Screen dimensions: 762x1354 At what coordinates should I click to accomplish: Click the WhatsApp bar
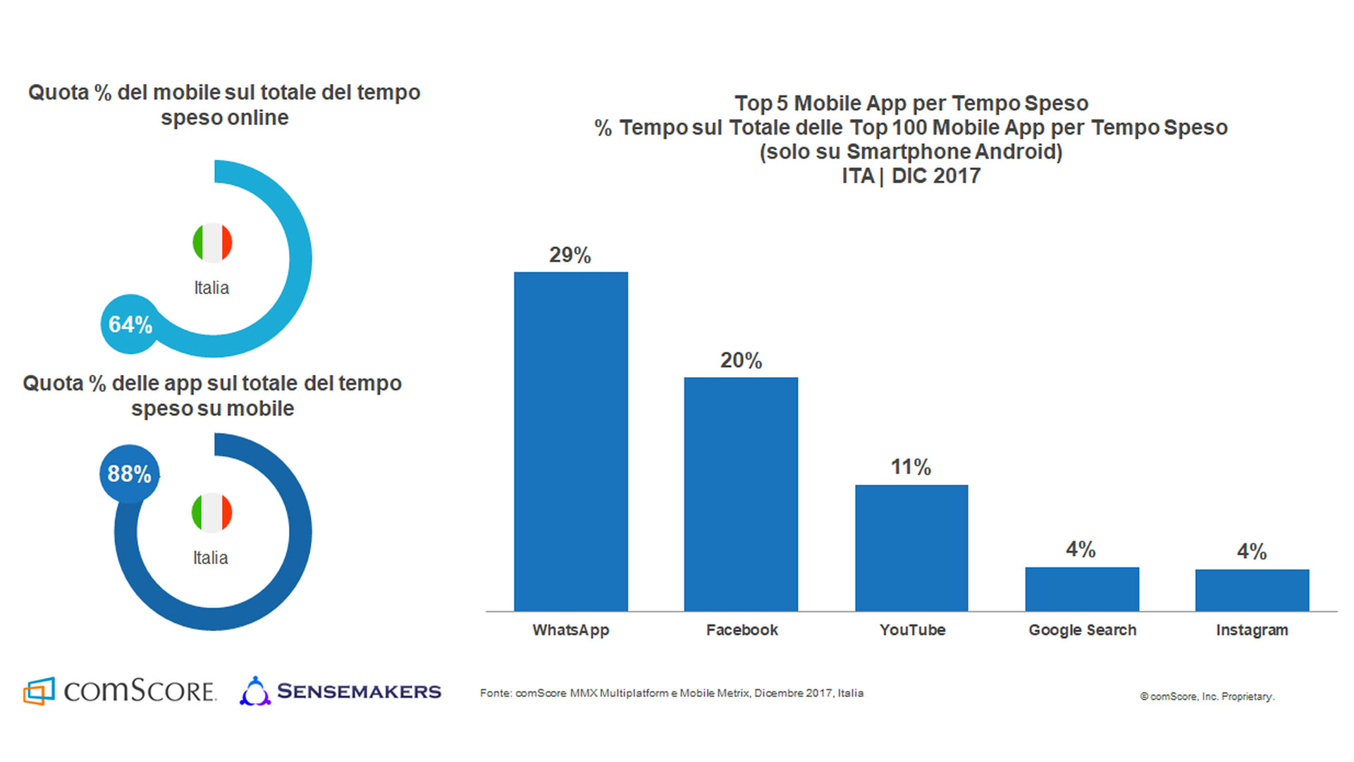click(x=571, y=441)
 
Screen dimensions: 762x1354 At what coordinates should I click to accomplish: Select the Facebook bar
click(x=741, y=494)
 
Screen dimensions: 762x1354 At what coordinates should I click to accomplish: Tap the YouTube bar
click(x=911, y=548)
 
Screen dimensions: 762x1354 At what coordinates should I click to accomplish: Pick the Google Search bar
click(x=1082, y=589)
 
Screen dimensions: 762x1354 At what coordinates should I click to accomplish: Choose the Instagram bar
click(x=1252, y=590)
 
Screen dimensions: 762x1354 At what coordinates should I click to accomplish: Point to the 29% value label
click(x=570, y=255)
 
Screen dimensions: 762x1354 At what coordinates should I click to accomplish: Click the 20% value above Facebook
click(x=741, y=361)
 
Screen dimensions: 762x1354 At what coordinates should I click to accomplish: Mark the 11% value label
click(x=911, y=467)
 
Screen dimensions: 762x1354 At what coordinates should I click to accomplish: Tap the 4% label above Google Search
click(x=1081, y=550)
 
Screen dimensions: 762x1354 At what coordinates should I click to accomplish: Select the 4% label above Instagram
click(x=1252, y=551)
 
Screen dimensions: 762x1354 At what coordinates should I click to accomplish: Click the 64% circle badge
click(x=130, y=324)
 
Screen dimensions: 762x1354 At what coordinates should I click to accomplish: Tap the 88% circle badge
click(x=129, y=474)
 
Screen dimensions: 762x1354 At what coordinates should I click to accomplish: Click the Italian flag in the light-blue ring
click(x=212, y=243)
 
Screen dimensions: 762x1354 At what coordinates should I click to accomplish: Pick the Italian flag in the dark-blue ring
click(x=211, y=512)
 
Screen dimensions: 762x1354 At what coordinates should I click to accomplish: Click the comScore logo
click(x=119, y=691)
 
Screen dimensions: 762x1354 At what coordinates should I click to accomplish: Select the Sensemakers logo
click(x=340, y=691)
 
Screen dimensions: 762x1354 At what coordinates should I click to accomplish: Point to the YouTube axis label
click(x=912, y=630)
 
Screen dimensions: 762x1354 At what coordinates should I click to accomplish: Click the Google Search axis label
click(x=1082, y=630)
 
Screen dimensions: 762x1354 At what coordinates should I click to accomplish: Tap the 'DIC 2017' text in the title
click(x=936, y=176)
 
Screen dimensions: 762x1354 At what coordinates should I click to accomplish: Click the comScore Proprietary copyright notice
click(x=1207, y=696)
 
